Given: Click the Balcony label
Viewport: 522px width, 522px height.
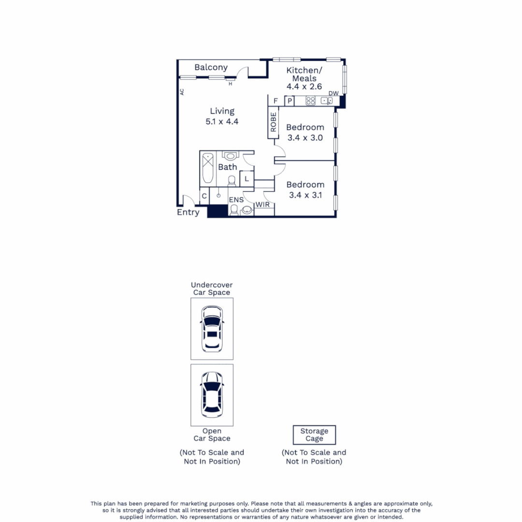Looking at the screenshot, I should pos(211,67).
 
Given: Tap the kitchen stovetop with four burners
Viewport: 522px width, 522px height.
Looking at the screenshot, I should pos(310,101).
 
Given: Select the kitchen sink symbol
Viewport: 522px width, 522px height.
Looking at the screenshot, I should pos(327,101).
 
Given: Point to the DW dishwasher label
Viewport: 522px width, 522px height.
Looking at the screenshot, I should pos(333,93).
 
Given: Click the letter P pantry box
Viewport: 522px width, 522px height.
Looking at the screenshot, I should pos(290,101).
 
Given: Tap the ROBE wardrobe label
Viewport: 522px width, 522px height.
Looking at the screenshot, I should pos(274,122).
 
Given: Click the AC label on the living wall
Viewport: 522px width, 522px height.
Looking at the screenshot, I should pos(182,91).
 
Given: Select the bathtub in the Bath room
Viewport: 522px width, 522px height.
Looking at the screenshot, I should pos(207,168).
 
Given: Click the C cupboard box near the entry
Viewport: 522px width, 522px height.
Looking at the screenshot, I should pos(204,196).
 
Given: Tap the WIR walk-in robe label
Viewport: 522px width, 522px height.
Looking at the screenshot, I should pos(262,205).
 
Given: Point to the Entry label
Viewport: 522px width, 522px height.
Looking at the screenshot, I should pos(188,212).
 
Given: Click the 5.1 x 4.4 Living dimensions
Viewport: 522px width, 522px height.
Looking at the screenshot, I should pos(222,122).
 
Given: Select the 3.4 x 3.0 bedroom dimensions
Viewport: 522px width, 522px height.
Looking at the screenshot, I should pos(305,138).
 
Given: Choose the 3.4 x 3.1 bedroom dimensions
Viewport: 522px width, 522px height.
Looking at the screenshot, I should pos(305,195).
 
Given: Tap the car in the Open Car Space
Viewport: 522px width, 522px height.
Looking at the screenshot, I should pos(212,394).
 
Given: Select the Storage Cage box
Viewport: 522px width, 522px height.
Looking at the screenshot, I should pos(314,435).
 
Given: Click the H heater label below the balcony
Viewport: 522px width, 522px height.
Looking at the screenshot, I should pos(231,84).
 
